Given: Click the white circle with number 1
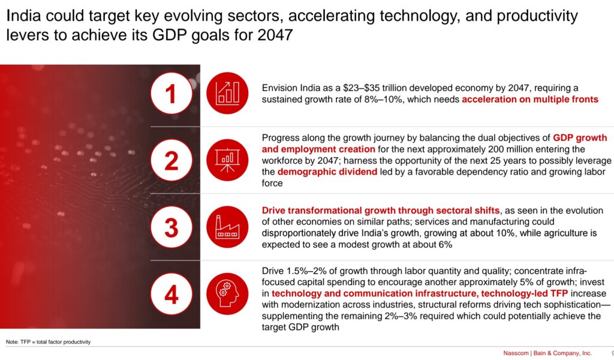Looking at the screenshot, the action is pos(171,93).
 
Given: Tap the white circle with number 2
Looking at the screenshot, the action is pos(171,160).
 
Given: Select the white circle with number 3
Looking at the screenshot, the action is pos(171,227).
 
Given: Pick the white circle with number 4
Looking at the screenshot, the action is pos(171,294).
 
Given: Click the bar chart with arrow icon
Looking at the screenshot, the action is pos(227,93).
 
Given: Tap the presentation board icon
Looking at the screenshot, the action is pos(227,160).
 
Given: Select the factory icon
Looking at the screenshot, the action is pos(227,227).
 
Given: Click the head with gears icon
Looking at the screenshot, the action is pos(227,294).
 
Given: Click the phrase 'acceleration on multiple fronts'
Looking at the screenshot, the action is pos(530,100).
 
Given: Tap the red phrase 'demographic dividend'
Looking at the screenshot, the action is pos(327,172).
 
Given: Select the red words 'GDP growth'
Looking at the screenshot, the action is pos(580,138).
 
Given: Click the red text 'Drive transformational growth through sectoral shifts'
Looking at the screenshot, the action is pos(381,211).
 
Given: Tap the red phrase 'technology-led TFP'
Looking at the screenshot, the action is pos(524,294).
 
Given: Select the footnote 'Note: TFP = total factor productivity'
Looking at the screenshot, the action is pos(48,342).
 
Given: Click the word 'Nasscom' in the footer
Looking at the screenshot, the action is pos(516,353).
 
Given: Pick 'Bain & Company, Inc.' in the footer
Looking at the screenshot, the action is pos(562,353).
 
